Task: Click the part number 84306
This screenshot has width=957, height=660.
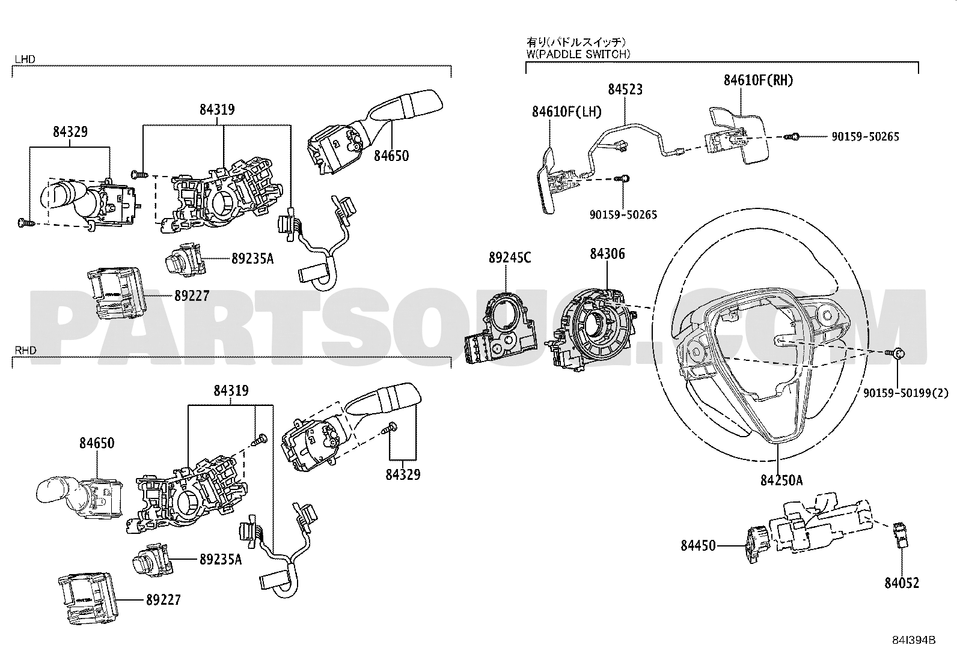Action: (x=607, y=254)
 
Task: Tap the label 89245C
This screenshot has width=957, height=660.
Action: (x=509, y=258)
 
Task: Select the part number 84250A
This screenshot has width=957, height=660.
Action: (x=781, y=480)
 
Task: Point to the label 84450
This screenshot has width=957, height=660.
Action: (x=698, y=545)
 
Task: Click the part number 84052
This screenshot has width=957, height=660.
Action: (x=901, y=583)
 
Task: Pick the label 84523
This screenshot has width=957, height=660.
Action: (x=625, y=89)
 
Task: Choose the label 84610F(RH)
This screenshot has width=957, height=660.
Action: (x=757, y=80)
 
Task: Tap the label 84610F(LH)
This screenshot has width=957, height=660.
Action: (x=566, y=111)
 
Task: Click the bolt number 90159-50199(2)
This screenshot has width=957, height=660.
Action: (x=905, y=393)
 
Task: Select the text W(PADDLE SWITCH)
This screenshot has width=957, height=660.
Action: (x=578, y=53)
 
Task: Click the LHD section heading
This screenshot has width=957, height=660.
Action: (x=25, y=59)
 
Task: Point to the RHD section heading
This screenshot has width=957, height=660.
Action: (x=25, y=350)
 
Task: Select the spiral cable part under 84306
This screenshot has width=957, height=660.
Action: (x=598, y=327)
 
